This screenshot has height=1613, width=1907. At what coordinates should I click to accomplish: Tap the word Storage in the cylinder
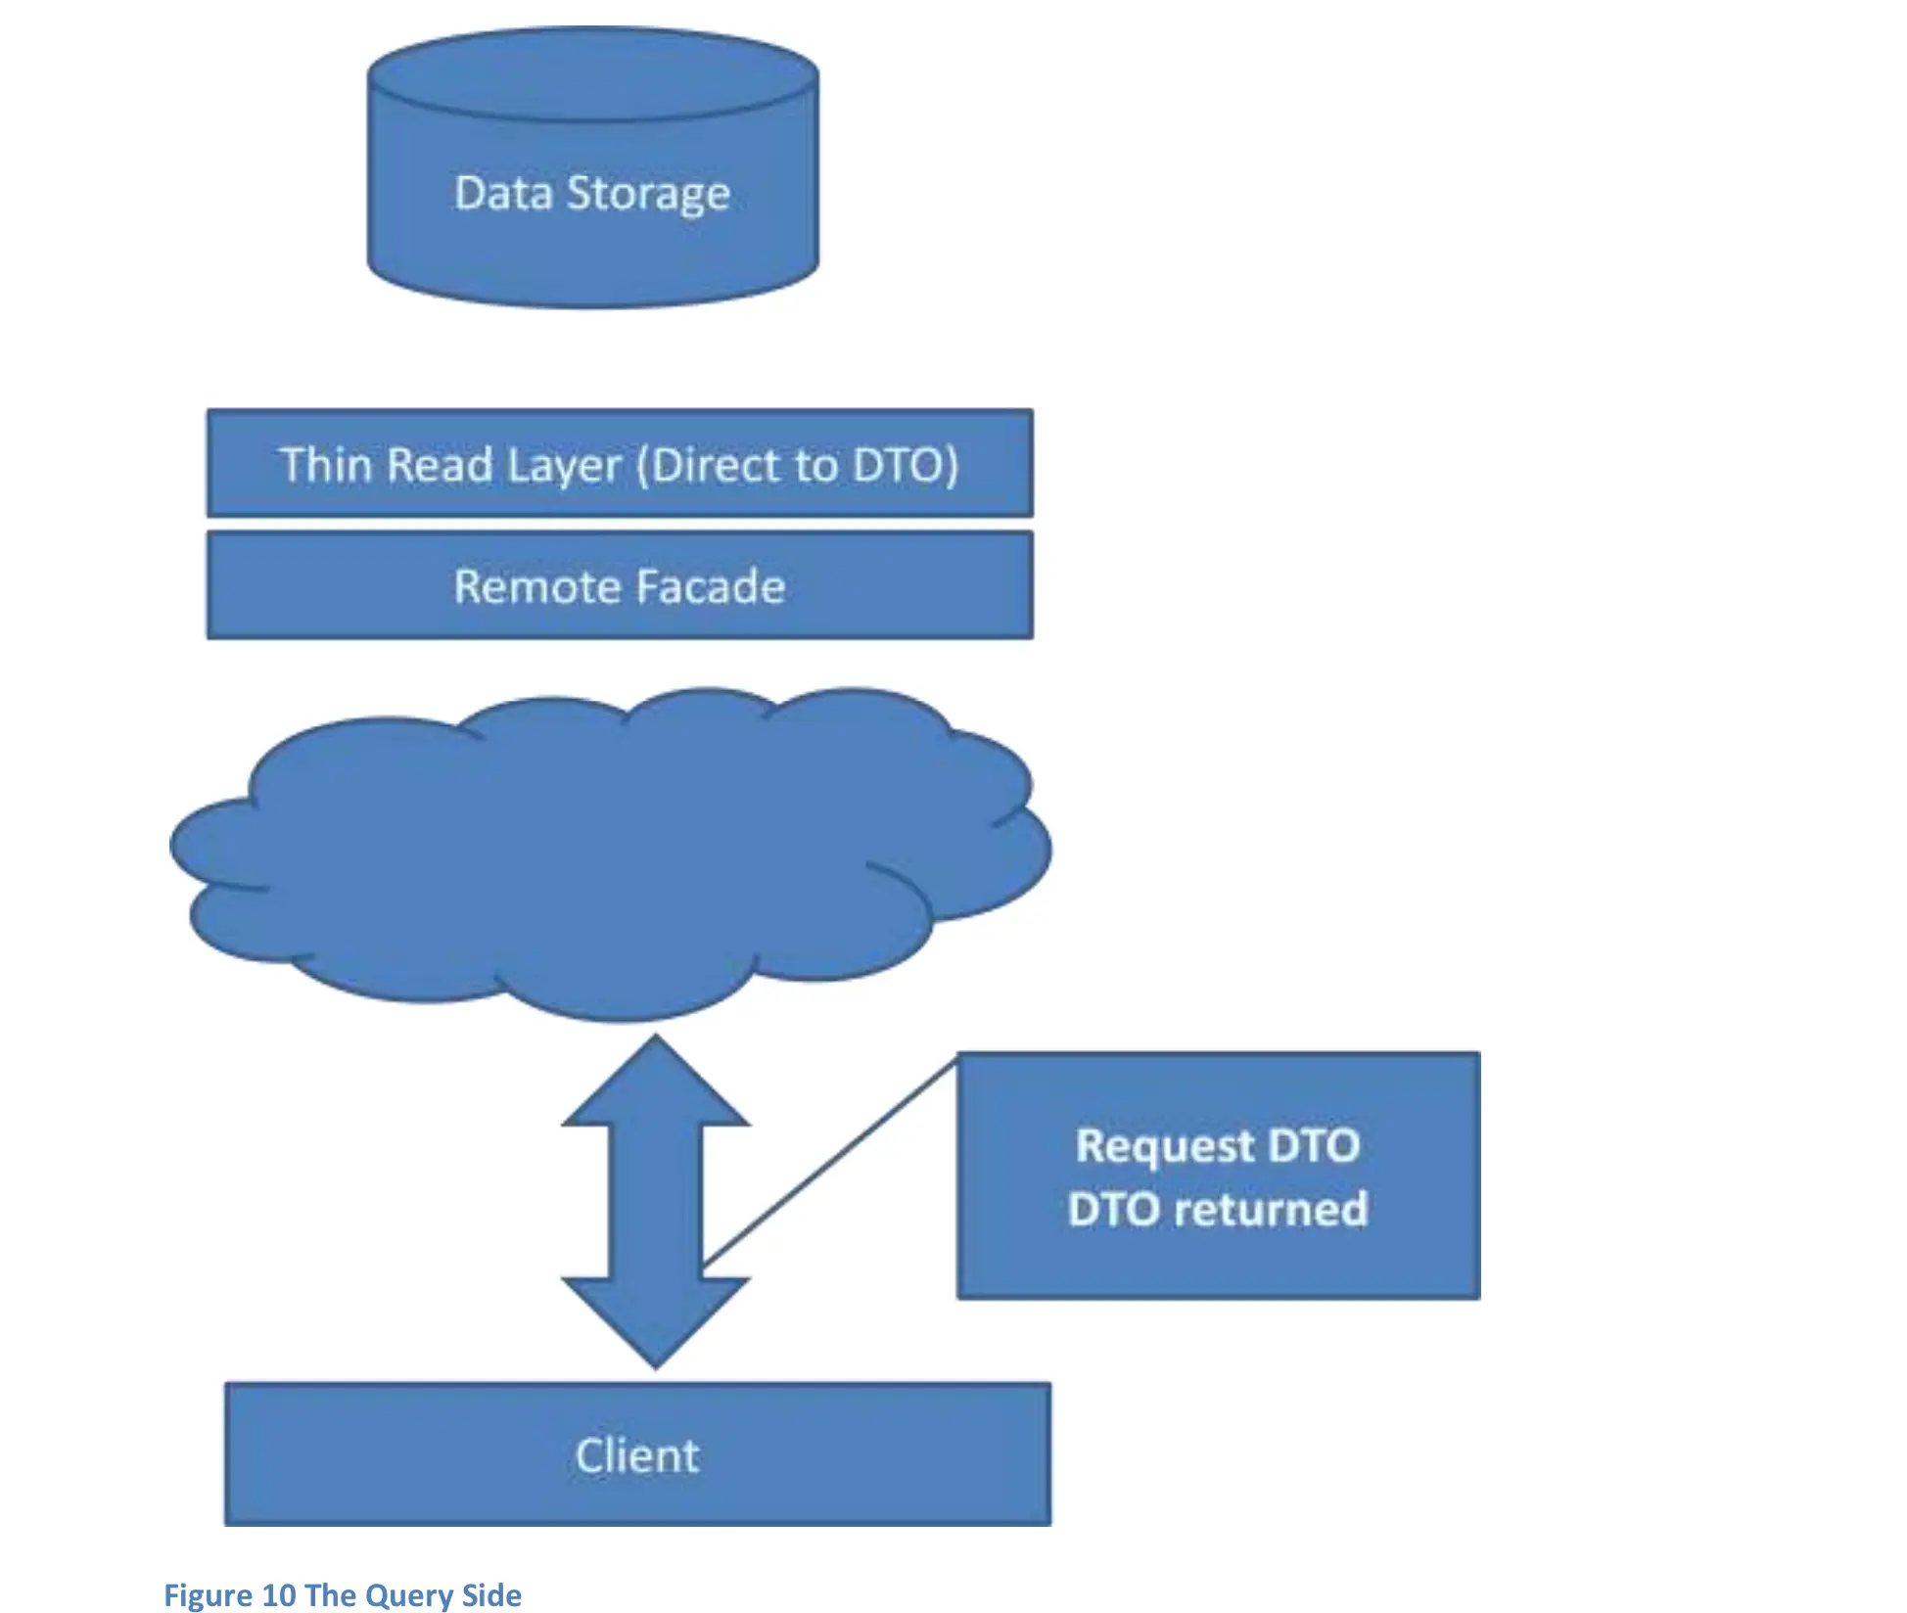648,194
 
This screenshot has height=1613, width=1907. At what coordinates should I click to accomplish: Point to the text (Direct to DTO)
798,465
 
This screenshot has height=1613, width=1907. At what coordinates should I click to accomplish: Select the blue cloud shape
607,852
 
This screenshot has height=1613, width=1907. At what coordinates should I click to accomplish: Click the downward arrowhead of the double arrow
655,1321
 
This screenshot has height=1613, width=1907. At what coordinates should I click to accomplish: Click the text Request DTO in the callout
1218,1145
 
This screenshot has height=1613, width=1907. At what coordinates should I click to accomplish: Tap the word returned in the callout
1271,1209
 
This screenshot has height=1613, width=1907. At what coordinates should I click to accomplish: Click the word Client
637,1455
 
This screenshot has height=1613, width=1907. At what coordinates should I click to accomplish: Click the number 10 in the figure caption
279,1595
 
